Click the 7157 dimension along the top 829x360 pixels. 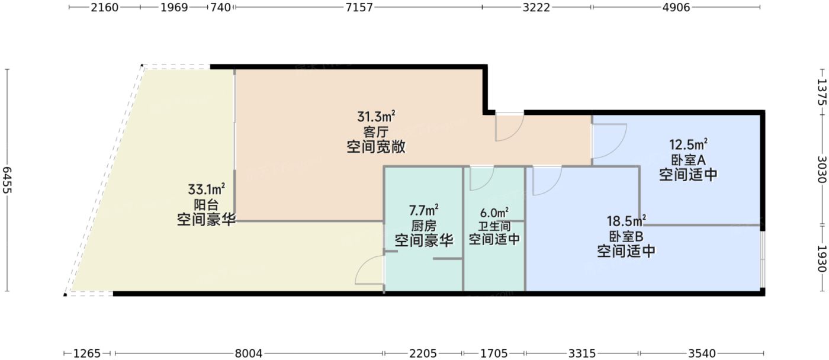(x=358, y=7)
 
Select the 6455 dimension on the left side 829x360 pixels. (x=7, y=180)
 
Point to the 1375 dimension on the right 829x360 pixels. (x=822, y=92)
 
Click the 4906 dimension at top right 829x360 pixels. (x=676, y=7)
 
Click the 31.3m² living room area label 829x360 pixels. (x=376, y=116)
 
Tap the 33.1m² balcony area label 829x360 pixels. (x=206, y=189)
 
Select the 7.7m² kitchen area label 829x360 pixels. (x=424, y=210)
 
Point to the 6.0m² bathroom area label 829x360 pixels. (x=494, y=213)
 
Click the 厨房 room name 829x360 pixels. (x=424, y=226)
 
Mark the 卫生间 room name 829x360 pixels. (x=494, y=226)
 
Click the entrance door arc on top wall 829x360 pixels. (x=509, y=127)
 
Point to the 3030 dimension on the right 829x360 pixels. (x=822, y=170)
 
